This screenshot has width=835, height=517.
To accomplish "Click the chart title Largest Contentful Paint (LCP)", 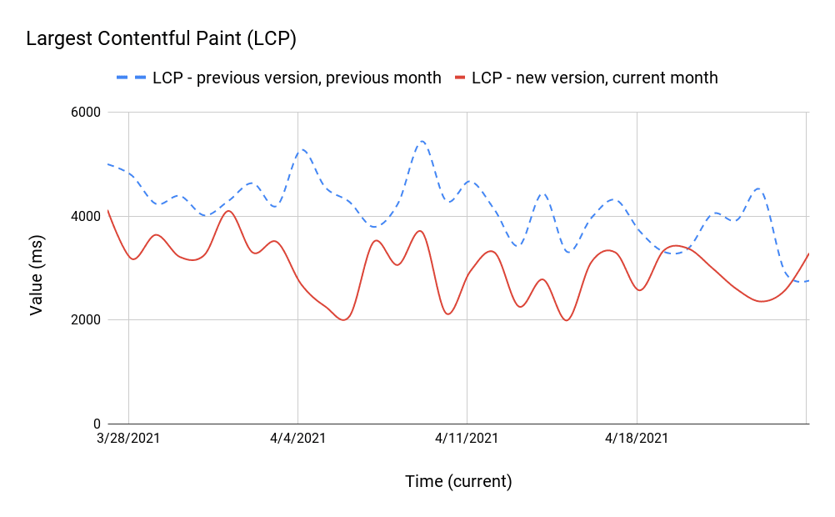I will click(x=162, y=38).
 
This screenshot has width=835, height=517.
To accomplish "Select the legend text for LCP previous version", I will click(x=297, y=78).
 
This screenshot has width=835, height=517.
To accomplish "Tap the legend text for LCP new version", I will click(x=594, y=78).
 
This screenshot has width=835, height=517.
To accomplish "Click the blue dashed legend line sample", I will click(x=131, y=78).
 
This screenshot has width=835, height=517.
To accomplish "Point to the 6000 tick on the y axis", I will click(x=83, y=113).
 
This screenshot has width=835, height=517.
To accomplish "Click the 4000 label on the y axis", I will click(x=83, y=217).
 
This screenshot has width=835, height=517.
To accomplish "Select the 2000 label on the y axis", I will click(x=83, y=320).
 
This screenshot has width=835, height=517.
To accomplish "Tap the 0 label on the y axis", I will click(x=95, y=424).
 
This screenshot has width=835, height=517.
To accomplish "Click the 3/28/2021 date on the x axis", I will click(x=128, y=438).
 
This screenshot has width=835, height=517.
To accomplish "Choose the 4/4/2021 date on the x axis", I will click(x=297, y=438).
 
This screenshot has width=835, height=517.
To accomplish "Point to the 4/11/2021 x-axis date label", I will click(x=467, y=438).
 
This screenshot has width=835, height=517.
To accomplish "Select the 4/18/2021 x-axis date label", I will click(x=637, y=438).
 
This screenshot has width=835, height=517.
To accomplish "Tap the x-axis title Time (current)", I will click(x=458, y=481).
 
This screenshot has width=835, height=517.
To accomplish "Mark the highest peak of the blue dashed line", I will click(x=422, y=142).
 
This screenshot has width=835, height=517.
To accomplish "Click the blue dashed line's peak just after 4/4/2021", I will click(x=303, y=150).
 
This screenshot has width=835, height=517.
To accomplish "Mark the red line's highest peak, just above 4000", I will click(x=228, y=211).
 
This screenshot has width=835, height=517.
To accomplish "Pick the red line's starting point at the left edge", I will click(x=108, y=210).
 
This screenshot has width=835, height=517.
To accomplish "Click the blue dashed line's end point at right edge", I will click(x=807, y=281).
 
